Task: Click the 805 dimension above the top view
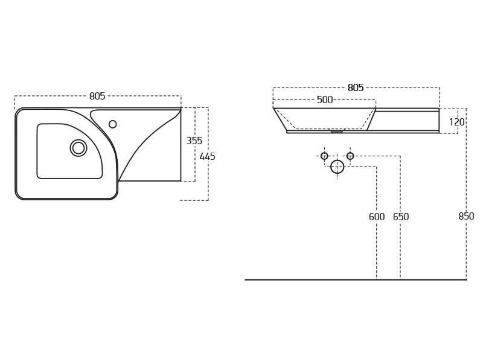click(x=97, y=97)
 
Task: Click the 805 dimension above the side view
click(x=356, y=88)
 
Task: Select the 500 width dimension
click(x=325, y=100)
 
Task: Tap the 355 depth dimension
click(x=194, y=141)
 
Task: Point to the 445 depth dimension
click(x=207, y=157)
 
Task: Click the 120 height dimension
click(x=456, y=122)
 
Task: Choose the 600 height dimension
click(x=377, y=217)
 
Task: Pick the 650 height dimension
click(x=401, y=217)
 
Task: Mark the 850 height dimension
click(x=466, y=217)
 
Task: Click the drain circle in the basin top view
click(x=78, y=148)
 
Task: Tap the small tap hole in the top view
click(x=113, y=124)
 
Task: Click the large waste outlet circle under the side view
click(x=337, y=167)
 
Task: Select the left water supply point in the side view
click(x=324, y=156)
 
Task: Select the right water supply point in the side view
click(x=350, y=156)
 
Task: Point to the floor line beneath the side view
click(x=356, y=280)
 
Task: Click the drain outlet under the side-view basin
click(x=336, y=131)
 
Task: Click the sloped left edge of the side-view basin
click(x=280, y=119)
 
